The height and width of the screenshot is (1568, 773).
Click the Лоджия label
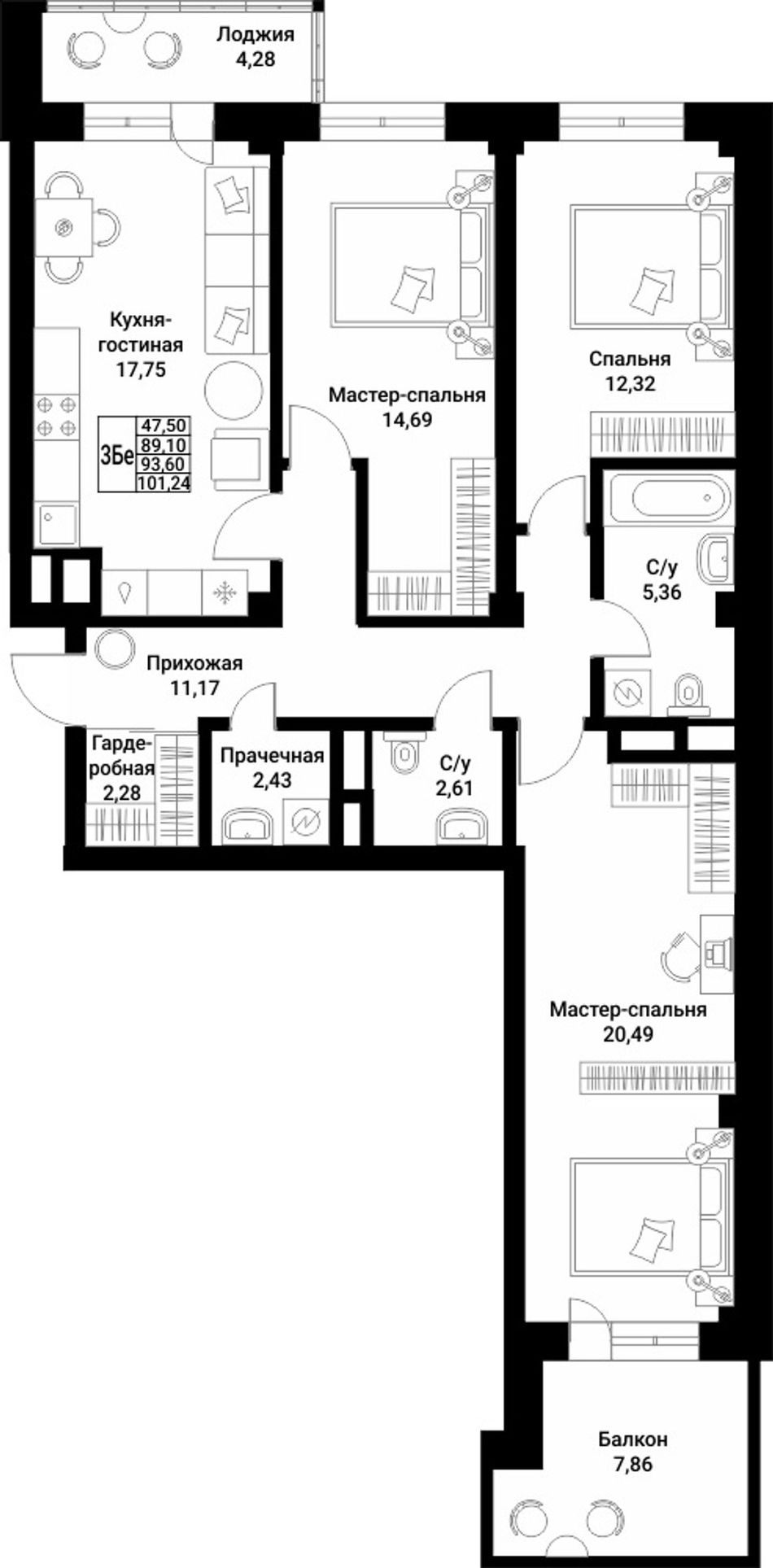pyautogui.click(x=255, y=35)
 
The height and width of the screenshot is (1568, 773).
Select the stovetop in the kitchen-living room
pyautogui.click(x=57, y=415)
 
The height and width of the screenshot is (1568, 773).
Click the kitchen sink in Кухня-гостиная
pyautogui.click(x=57, y=524)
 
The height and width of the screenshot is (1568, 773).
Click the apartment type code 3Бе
pyautogui.click(x=116, y=456)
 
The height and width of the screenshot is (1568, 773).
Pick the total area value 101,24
pyautogui.click(x=164, y=481)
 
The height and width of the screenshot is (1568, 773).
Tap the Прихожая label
pyautogui.click(x=194, y=664)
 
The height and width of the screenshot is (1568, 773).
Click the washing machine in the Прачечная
pyautogui.click(x=306, y=820)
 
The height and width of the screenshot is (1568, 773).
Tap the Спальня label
pyautogui.click(x=630, y=359)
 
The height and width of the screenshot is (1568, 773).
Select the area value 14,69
pyautogui.click(x=407, y=420)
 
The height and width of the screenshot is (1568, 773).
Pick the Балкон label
pyautogui.click(x=633, y=1439)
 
